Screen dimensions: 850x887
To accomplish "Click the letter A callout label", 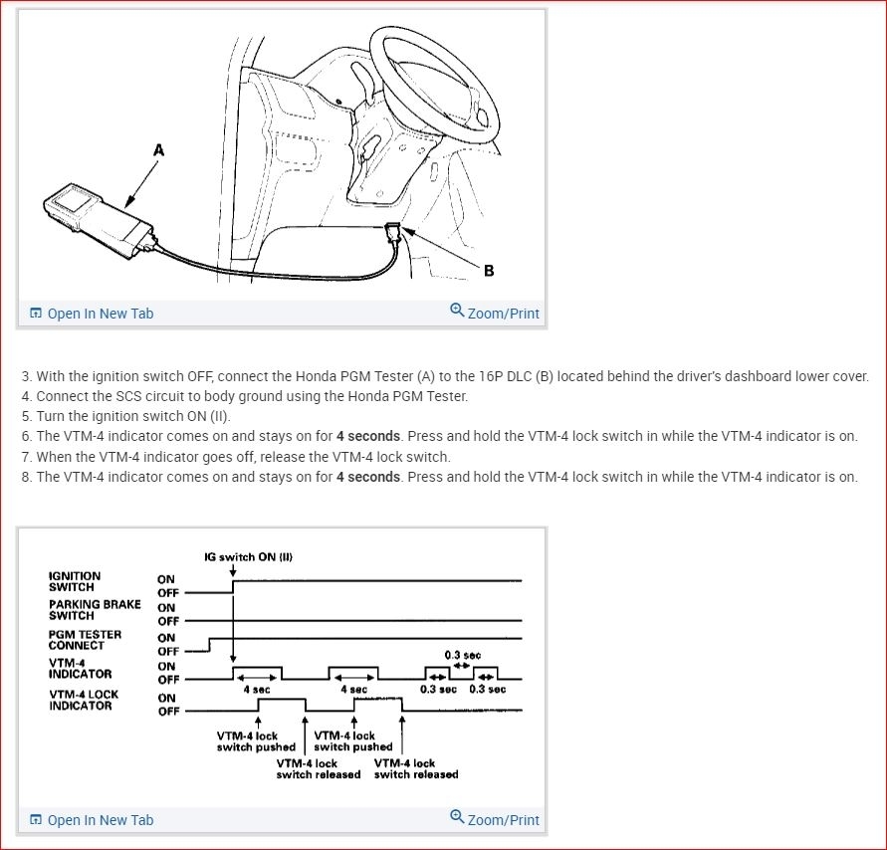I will click(158, 150).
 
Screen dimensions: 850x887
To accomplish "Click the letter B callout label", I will click(489, 270).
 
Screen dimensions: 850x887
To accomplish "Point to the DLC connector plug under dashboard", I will click(394, 234).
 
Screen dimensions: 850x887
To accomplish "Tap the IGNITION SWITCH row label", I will click(75, 581).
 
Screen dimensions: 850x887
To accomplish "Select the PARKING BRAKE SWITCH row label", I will click(95, 610).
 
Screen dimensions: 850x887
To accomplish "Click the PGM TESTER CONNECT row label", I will click(85, 640).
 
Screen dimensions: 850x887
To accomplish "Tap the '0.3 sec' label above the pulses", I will click(462, 655).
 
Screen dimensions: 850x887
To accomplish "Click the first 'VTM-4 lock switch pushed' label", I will click(256, 742).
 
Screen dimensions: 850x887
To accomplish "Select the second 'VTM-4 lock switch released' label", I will click(416, 769).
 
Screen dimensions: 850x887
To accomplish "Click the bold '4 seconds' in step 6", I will click(368, 436).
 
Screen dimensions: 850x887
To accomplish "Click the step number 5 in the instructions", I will click(26, 416).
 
